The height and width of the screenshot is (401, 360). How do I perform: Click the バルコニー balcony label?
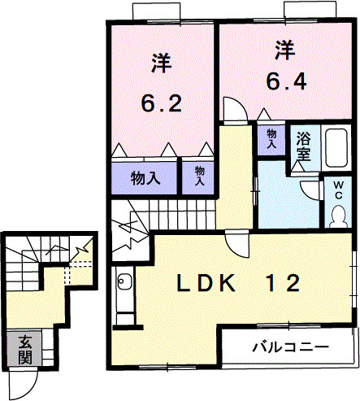(290, 347)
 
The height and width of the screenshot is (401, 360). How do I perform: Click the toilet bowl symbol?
(338, 215)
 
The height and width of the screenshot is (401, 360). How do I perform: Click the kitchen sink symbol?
(124, 284)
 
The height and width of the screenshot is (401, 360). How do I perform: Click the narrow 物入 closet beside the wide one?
(198, 177)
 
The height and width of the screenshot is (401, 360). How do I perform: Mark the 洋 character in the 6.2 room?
(159, 61)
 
